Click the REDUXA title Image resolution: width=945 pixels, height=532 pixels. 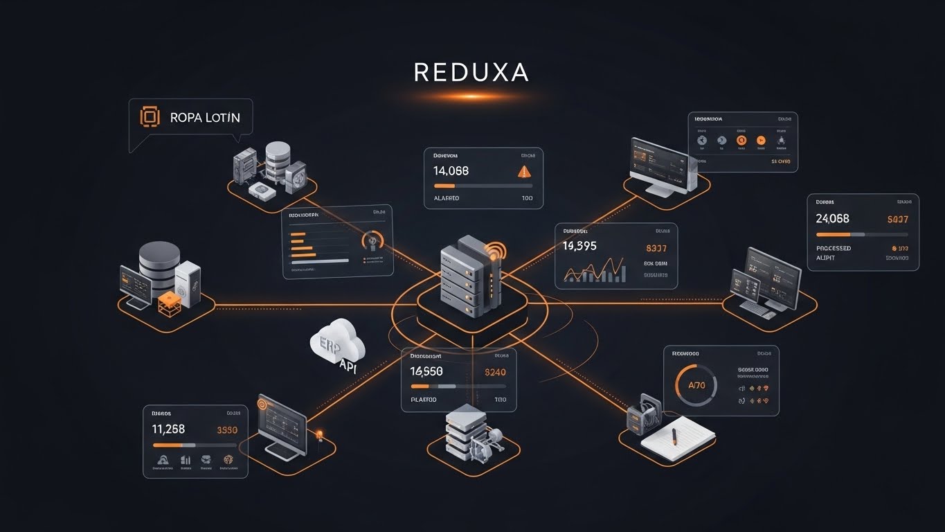pos(471,72)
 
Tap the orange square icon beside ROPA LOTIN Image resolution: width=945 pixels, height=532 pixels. pos(150,117)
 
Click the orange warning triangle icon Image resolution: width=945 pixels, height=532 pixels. pos(524,170)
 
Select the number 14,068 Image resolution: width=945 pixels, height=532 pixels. pos(451,170)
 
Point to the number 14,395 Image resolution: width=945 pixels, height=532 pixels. pos(579,246)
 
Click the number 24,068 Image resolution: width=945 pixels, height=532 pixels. pos(832,219)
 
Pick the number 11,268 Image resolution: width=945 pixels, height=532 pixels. pos(168,429)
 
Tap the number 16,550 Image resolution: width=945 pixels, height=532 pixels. pos(426,371)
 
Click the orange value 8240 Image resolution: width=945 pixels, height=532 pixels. pos(496,372)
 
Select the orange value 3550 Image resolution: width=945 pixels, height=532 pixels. pos(227,430)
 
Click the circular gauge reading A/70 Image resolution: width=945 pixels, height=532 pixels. pos(696,385)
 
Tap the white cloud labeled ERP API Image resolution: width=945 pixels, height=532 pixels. pos(339,345)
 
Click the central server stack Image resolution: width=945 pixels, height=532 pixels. pos(469,277)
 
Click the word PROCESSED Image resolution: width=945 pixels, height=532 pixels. pos(834,248)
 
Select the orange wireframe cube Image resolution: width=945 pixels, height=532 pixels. pos(169,303)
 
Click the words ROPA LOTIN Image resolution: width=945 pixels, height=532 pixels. pos(205,118)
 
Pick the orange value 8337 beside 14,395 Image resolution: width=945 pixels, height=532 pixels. pos(656,247)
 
